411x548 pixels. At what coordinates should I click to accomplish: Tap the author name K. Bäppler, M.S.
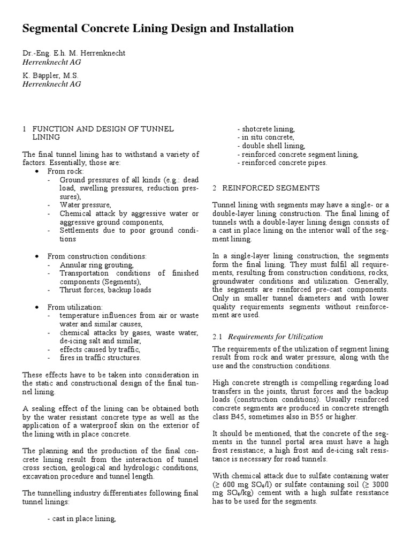point(50,75)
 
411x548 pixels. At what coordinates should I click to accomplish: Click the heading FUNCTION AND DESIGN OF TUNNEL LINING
point(103,129)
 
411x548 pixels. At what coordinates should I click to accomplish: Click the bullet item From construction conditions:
point(96,256)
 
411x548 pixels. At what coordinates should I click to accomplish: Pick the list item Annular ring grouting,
point(96,264)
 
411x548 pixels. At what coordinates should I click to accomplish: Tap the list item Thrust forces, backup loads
point(105,290)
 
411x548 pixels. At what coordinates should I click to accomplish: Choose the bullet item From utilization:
point(75,307)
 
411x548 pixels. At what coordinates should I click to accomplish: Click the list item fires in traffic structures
point(100,357)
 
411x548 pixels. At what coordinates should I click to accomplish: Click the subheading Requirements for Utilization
point(275,337)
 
